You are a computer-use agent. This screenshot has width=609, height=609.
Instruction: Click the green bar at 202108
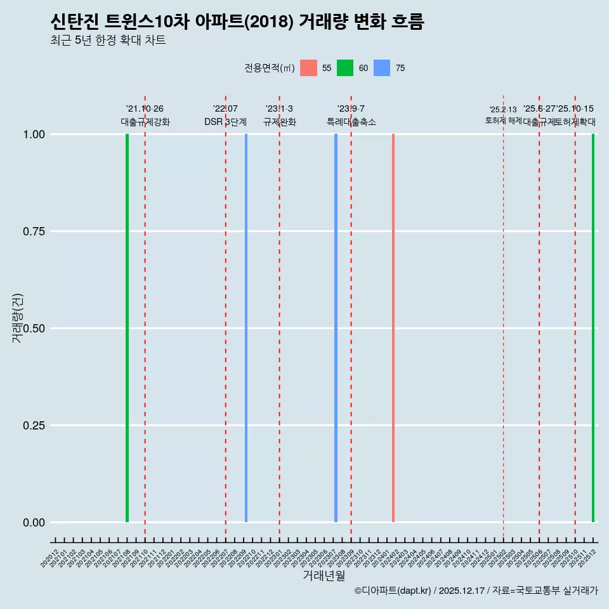127,328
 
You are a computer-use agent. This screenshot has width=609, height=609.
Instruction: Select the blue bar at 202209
246,328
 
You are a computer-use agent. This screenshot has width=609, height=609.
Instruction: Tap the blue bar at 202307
336,328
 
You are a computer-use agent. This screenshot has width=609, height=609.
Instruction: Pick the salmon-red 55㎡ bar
393,328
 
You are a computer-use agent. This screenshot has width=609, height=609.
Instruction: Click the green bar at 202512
593,328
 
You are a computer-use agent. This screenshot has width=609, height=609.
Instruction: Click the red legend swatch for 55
308,68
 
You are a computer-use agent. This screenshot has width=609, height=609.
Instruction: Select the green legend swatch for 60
345,68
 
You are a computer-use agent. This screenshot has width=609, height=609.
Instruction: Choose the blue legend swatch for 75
382,68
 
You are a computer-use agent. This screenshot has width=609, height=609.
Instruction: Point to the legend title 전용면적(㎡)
270,68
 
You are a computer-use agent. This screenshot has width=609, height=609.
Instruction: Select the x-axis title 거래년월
324,576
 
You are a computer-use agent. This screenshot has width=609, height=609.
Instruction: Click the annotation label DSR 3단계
225,122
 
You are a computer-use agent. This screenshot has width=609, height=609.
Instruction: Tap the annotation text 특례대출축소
351,122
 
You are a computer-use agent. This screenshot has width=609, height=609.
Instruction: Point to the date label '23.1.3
279,109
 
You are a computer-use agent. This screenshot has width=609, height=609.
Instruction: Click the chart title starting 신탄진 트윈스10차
237,22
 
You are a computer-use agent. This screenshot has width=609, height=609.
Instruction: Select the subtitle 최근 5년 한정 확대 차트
108,41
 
